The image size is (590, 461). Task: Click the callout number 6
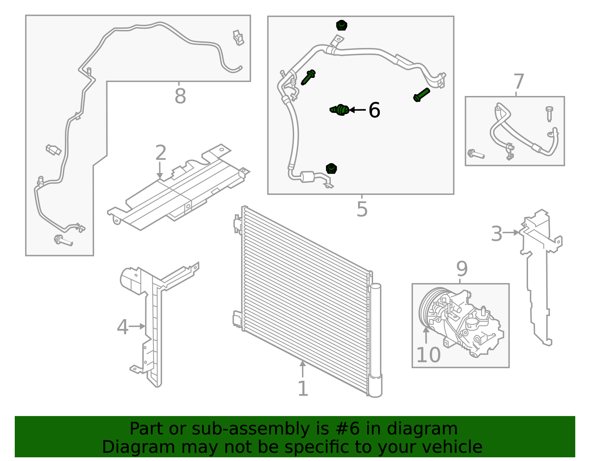point(374,110)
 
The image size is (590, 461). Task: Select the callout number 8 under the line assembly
point(180,96)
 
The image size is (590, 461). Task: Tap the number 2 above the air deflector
point(161,152)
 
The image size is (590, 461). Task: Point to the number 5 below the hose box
point(362,209)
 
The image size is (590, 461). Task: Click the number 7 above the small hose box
point(518,82)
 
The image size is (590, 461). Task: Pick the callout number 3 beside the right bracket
point(497,233)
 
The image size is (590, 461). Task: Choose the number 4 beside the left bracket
point(122,327)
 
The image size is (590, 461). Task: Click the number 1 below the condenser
point(303,388)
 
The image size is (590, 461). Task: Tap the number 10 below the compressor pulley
point(428,355)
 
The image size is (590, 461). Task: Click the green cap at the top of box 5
point(341,26)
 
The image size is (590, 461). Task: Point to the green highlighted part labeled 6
point(340,110)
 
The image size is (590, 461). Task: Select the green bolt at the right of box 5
point(421,94)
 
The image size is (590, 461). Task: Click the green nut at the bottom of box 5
point(331,169)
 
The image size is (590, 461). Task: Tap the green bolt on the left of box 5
point(308,77)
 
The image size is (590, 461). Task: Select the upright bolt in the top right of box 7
point(549,113)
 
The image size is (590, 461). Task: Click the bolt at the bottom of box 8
point(63,240)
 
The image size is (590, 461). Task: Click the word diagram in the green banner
point(422,429)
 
